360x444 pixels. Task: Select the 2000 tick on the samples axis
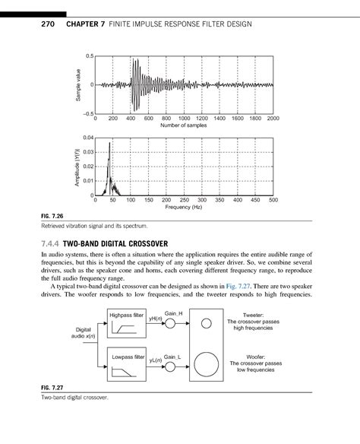[x=273, y=119]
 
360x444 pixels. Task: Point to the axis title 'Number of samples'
[x=184, y=125]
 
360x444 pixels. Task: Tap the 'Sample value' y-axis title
[x=77, y=85]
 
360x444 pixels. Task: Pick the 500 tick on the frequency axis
[x=273, y=201]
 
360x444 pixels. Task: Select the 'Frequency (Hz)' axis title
[x=184, y=208]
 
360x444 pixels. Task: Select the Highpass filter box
[x=128, y=325]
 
